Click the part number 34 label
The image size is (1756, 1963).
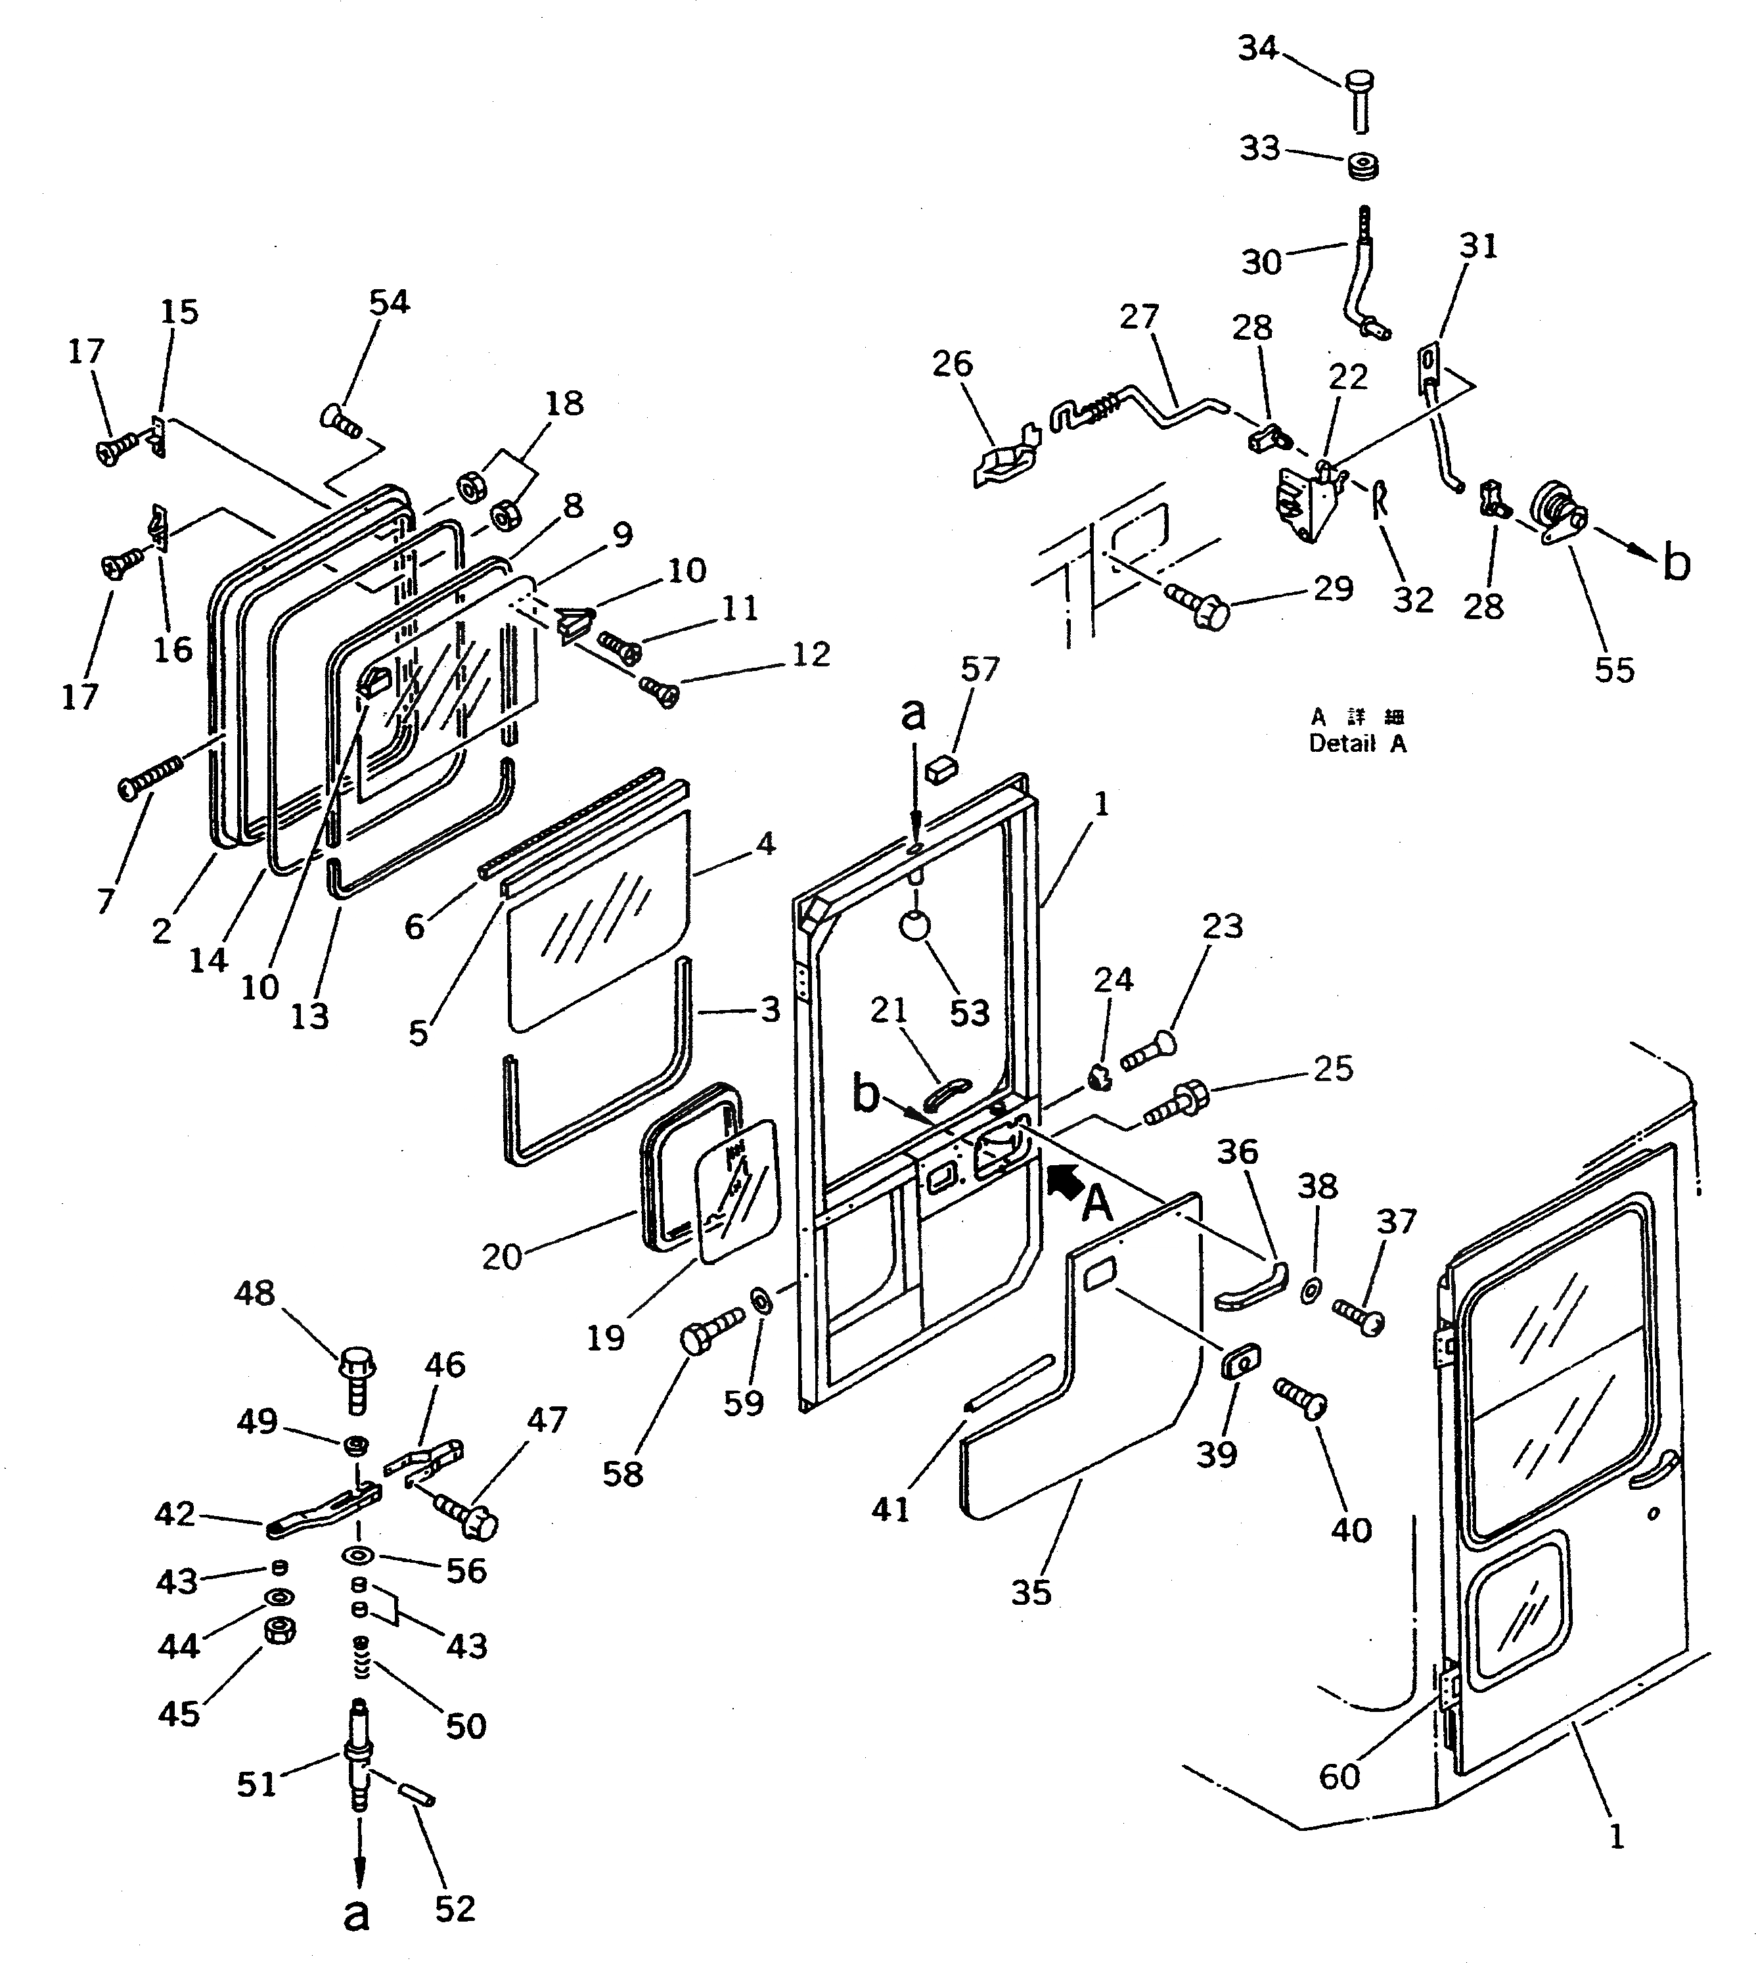(1258, 48)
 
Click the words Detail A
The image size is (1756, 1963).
(1357, 744)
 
